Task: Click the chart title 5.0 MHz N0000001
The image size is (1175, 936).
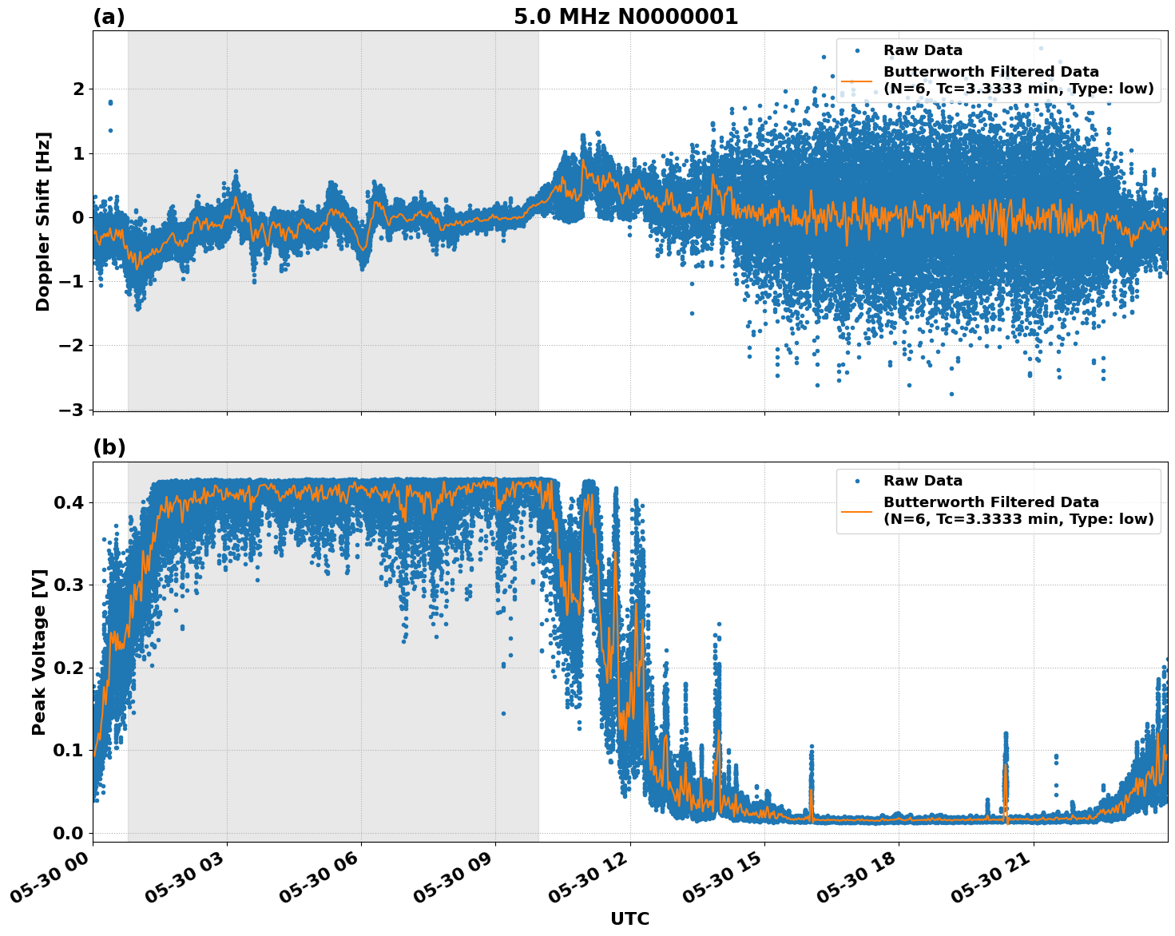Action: [625, 17]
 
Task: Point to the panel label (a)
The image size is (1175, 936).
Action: [109, 17]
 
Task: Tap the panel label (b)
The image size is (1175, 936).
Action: [109, 448]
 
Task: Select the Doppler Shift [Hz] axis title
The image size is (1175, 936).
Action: [43, 221]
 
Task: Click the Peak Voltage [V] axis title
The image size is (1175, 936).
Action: [39, 652]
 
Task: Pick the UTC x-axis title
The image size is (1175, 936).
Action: [629, 918]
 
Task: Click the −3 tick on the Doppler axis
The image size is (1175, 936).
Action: [72, 410]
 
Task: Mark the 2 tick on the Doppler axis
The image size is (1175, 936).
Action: [78, 89]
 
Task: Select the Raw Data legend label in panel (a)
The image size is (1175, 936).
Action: [923, 50]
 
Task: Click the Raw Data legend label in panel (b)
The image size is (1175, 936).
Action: [923, 481]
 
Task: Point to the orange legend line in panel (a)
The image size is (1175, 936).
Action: [856, 80]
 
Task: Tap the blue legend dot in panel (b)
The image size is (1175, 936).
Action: [856, 481]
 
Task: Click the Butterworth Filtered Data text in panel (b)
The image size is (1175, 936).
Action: [990, 502]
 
